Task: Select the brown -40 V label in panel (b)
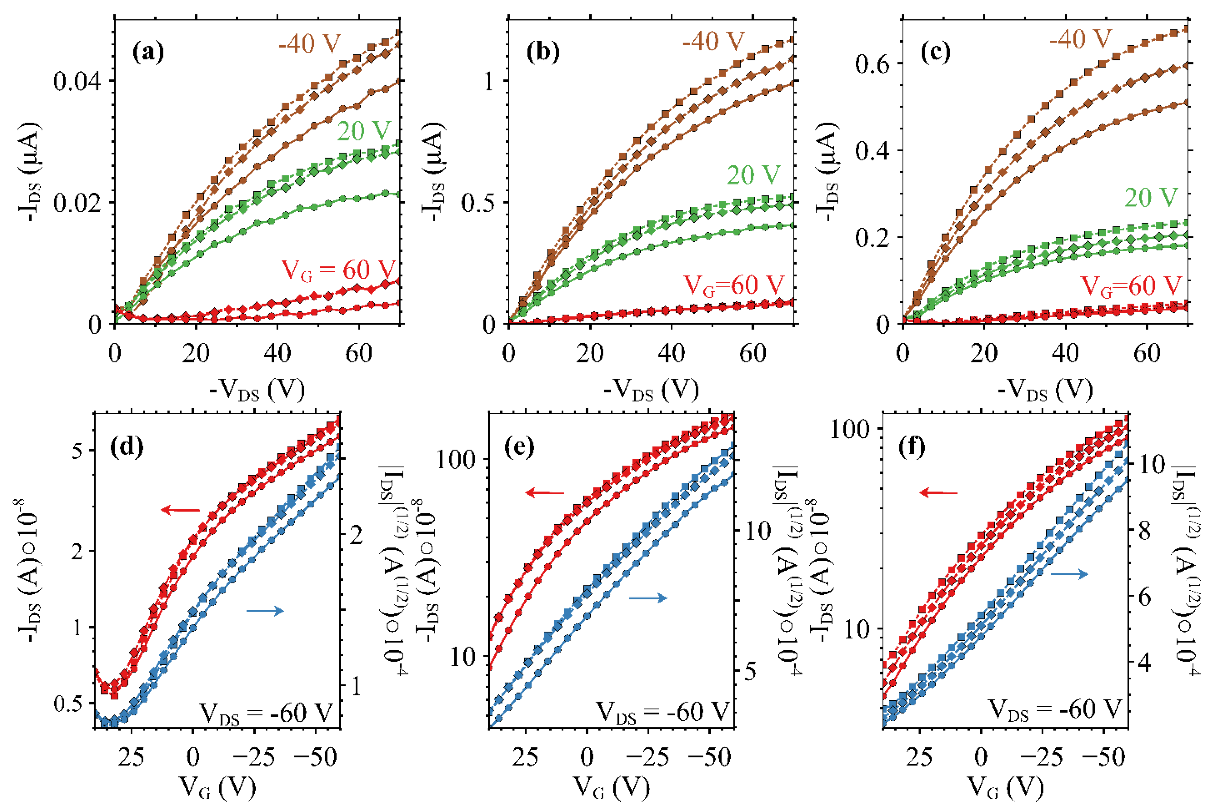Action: pos(713,40)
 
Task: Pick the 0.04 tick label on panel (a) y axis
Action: pos(77,81)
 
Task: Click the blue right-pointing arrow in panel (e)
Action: pos(648,598)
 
